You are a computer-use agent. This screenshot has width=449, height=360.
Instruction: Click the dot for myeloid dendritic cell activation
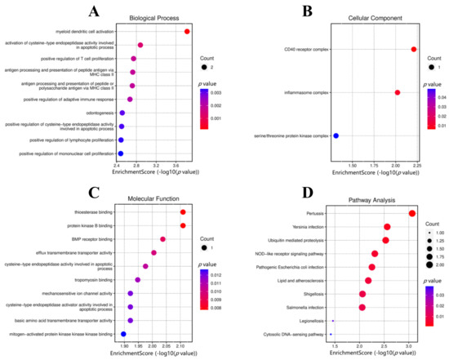click(188, 32)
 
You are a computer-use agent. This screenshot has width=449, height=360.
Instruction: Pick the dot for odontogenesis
click(122, 113)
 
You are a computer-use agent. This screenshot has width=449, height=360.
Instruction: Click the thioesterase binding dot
click(183, 212)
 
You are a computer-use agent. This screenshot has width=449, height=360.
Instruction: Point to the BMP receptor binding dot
click(163, 239)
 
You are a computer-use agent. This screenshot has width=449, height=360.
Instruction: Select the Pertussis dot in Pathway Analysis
click(412, 214)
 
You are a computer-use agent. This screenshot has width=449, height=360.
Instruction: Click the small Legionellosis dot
click(333, 321)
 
